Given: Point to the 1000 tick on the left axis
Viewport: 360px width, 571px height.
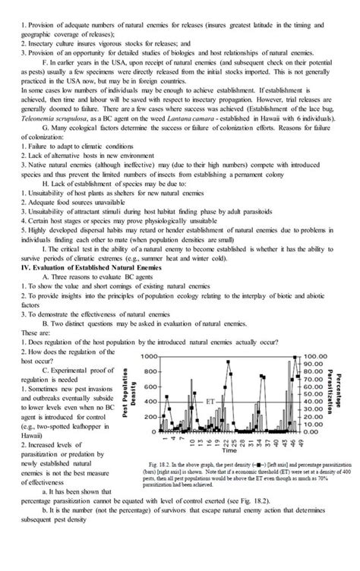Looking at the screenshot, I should pyautogui.click(x=148, y=356).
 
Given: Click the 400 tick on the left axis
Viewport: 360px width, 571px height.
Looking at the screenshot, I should pyautogui.click(x=150, y=402).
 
